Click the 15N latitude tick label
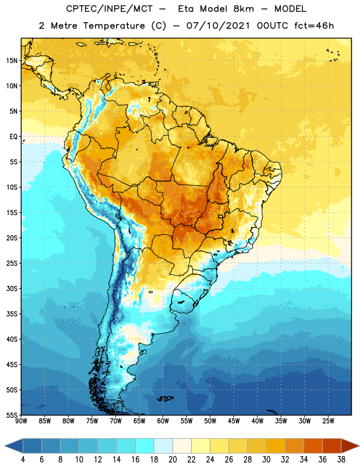pyautogui.click(x=12, y=61)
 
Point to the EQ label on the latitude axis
pyautogui.click(x=13, y=137)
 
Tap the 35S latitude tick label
pyautogui.click(x=12, y=314)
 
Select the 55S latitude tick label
pyautogui.click(x=12, y=415)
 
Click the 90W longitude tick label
pyautogui.click(x=21, y=421)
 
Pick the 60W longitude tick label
pyautogui.click(x=163, y=421)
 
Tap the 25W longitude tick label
pyautogui.click(x=328, y=421)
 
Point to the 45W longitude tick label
pyautogui.click(x=234, y=421)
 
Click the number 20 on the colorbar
pyautogui.click(x=172, y=460)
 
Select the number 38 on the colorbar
pyautogui.click(x=341, y=460)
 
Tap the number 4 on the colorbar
pyautogui.click(x=23, y=460)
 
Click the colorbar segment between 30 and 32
pyautogui.click(x=276, y=446)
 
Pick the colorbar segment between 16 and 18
pyautogui.click(x=145, y=446)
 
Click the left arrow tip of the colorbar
pyautogui.click(x=5, y=446)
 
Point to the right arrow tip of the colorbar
pyautogui.click(x=359, y=446)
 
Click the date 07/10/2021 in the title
pyautogui.click(x=218, y=26)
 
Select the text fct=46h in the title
pyautogui.click(x=314, y=26)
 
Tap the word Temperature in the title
pyautogui.click(x=114, y=26)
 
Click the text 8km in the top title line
pyautogui.click(x=243, y=9)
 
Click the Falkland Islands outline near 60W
pyautogui.click(x=165, y=398)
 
